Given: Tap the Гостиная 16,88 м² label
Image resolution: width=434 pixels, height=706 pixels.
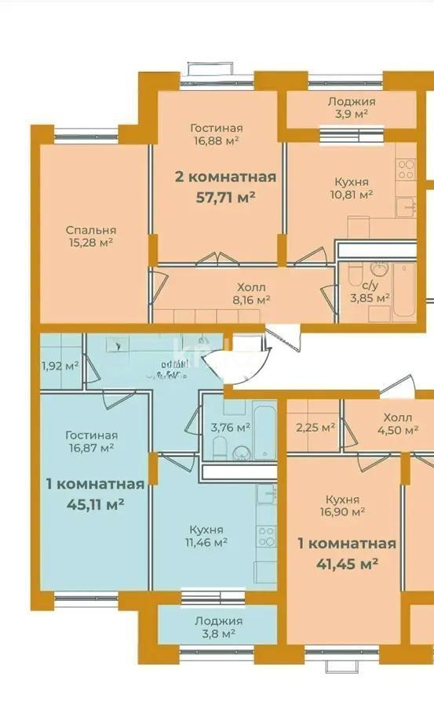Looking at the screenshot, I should click(x=216, y=134).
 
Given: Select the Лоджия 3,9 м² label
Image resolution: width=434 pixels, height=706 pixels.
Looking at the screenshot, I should click(x=351, y=107).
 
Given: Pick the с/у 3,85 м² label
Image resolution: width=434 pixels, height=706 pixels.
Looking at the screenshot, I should click(x=370, y=291).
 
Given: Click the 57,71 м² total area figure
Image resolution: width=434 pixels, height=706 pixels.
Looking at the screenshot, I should click(x=225, y=197).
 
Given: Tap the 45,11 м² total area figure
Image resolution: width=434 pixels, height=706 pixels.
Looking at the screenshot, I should click(x=95, y=504).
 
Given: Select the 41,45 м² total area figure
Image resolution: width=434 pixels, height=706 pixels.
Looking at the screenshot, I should click(x=347, y=563).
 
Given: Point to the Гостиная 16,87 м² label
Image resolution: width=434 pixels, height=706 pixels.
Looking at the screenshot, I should click(x=92, y=441).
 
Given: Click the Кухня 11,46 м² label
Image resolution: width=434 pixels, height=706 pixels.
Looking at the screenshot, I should click(x=206, y=535).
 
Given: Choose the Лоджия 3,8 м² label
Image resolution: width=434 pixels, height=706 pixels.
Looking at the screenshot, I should click(x=218, y=627).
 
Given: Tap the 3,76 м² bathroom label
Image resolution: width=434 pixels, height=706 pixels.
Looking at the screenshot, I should click(x=231, y=428).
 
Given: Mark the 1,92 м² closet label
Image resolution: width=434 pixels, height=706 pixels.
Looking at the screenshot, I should click(x=60, y=366).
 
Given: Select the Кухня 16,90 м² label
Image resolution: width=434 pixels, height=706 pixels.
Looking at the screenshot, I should click(x=346, y=505).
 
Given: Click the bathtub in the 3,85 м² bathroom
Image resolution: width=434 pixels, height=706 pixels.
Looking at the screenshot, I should click(x=403, y=290).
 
